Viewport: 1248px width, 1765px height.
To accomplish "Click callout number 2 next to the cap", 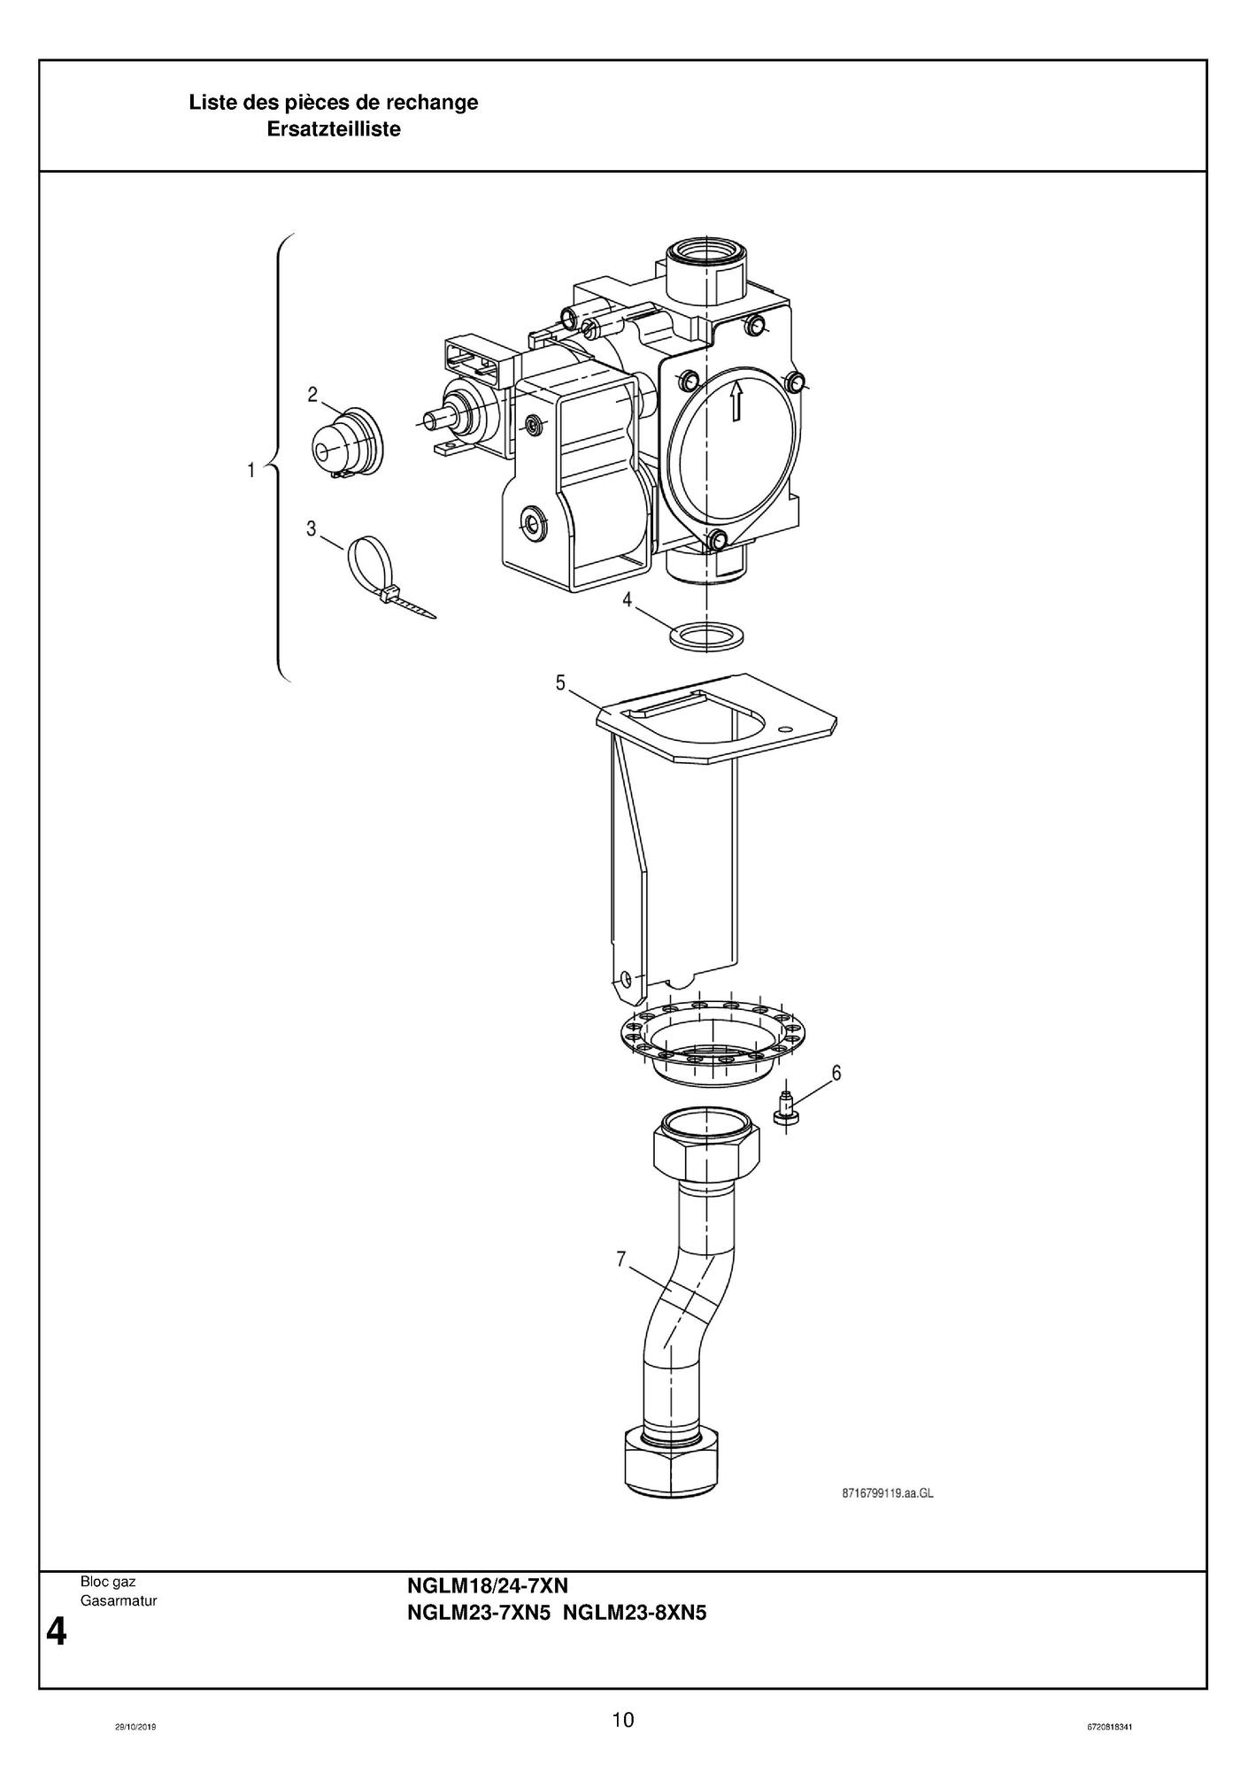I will (312, 396).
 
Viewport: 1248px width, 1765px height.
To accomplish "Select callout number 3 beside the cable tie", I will (311, 529).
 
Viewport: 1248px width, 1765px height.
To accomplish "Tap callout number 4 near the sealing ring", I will (627, 600).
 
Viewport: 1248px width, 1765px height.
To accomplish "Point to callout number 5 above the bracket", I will (560, 682).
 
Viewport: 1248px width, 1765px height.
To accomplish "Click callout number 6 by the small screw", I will (836, 1074).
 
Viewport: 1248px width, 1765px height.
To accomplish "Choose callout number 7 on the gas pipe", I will (621, 1258).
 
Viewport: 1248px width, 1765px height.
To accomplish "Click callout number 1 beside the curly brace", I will (251, 470).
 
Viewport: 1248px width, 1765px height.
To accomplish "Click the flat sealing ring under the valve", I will (705, 636).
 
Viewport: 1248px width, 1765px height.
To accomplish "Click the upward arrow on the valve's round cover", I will (735, 403).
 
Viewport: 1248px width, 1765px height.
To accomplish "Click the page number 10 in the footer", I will (623, 1720).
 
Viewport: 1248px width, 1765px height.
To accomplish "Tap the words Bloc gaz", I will (107, 1581).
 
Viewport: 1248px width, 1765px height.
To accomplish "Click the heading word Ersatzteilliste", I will (334, 129).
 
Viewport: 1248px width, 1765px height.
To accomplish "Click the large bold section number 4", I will (56, 1631).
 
